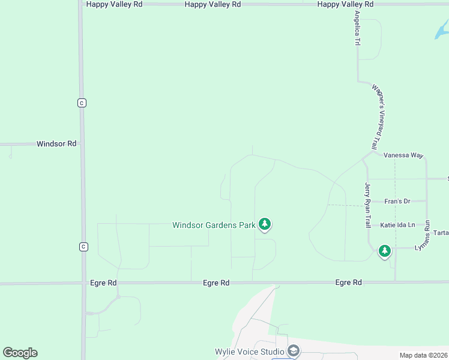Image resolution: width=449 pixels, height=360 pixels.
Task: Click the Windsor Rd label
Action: pyautogui.click(x=56, y=144)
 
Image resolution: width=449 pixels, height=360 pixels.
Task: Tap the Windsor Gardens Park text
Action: pyautogui.click(x=214, y=225)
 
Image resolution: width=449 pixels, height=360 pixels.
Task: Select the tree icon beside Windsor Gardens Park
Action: pyautogui.click(x=265, y=224)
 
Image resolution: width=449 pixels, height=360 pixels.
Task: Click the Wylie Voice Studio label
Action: pyautogui.click(x=250, y=352)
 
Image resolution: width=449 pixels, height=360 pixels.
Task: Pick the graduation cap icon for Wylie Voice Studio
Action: pyautogui.click(x=294, y=351)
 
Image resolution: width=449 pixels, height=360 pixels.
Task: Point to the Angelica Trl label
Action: pyautogui.click(x=357, y=29)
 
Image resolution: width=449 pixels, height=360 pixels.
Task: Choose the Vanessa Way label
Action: pyautogui.click(x=403, y=155)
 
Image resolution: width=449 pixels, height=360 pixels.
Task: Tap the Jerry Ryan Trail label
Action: pyautogui.click(x=368, y=205)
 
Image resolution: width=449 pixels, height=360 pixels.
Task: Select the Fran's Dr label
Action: pyautogui.click(x=397, y=201)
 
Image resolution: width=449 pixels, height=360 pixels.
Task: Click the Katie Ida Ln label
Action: pyautogui.click(x=397, y=225)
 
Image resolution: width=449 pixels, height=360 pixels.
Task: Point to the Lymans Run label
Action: pyautogui.click(x=428, y=235)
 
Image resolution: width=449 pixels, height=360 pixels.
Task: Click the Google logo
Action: pyautogui.click(x=20, y=353)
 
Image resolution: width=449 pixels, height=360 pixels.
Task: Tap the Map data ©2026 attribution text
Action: pyautogui.click(x=423, y=355)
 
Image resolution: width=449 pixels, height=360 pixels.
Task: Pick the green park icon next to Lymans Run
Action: pyautogui.click(x=384, y=251)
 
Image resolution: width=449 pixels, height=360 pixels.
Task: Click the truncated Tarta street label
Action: pyautogui.click(x=441, y=233)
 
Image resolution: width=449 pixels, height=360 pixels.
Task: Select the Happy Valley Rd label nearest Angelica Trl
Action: pyautogui.click(x=345, y=4)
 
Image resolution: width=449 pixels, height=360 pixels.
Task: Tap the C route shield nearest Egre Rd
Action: pyautogui.click(x=83, y=247)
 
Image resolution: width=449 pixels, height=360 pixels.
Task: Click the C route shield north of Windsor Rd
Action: pyautogui.click(x=82, y=103)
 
